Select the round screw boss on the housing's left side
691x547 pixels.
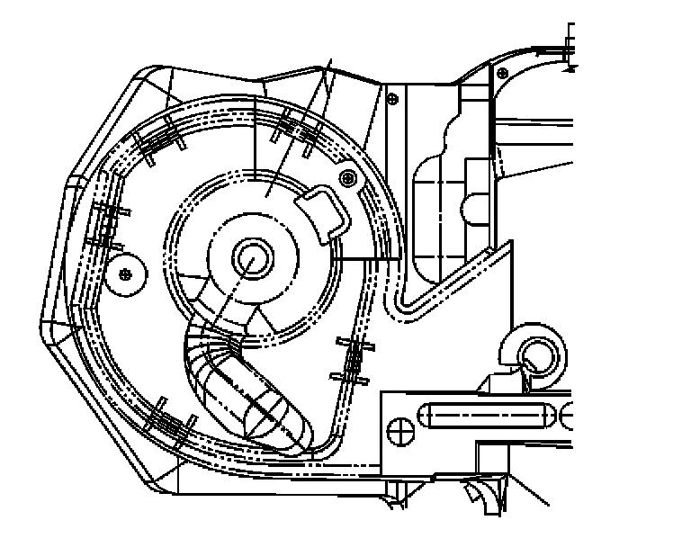pos(125,272)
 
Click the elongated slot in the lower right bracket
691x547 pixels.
pos(483,417)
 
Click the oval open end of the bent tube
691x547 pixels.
pos(274,419)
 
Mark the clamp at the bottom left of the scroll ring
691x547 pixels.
pos(166,418)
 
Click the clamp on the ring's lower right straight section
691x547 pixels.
pos(352,360)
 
